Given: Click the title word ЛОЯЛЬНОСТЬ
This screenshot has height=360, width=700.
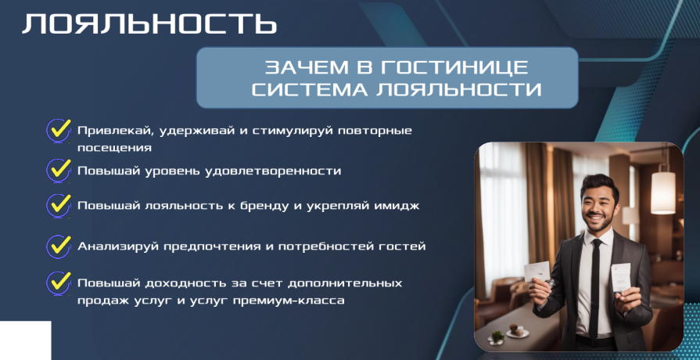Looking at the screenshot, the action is (149, 24).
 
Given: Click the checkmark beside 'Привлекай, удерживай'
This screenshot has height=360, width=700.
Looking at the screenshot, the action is (59, 131).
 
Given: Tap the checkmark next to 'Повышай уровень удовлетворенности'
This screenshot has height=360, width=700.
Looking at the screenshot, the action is (59, 171).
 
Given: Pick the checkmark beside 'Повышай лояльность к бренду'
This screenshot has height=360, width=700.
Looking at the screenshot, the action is (59, 206).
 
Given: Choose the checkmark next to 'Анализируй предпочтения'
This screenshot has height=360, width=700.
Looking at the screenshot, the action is (59, 246).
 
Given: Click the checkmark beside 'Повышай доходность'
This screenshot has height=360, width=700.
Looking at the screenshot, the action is (59, 283).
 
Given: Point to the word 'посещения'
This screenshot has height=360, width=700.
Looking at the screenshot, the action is (115, 148).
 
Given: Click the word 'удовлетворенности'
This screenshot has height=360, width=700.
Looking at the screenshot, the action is (273, 171).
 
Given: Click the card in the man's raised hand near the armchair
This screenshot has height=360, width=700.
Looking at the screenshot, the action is (537, 271).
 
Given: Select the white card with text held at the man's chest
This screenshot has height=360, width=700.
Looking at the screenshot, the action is (621, 278).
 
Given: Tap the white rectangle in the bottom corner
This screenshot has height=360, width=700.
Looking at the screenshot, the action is (26, 340).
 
